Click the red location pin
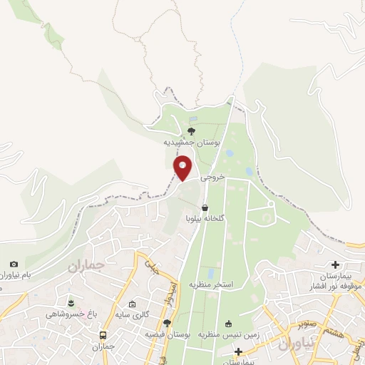(x=183, y=168)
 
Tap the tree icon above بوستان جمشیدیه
(x=190, y=130)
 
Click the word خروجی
(x=212, y=176)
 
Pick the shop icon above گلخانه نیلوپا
(x=205, y=208)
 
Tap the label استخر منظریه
(x=212, y=284)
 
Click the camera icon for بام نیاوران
(x=14, y=264)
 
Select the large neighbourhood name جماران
(x=86, y=265)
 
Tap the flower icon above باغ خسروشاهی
(x=70, y=303)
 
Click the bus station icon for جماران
(x=103, y=335)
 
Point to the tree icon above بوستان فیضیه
(x=167, y=323)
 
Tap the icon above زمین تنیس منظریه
(x=229, y=323)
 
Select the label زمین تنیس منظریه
(x=221, y=334)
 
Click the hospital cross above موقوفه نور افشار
(x=335, y=265)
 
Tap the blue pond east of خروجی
(x=248, y=172)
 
